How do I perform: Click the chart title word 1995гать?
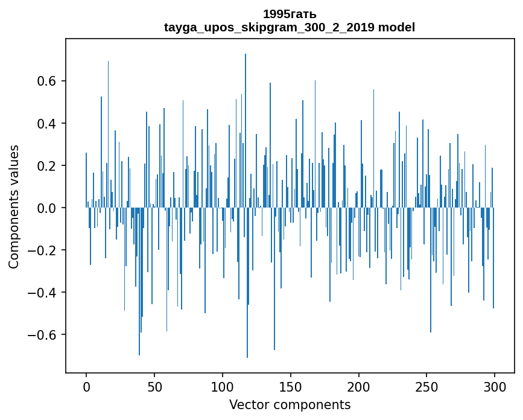click(x=290, y=14)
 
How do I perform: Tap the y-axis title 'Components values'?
click(x=14, y=207)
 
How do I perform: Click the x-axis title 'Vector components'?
click(x=290, y=404)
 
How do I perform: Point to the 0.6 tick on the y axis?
click(x=48, y=81)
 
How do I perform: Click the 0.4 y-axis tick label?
click(x=48, y=124)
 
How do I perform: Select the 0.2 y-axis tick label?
click(x=48, y=166)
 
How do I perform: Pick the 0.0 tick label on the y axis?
click(x=48, y=208)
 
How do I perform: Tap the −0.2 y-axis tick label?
click(x=44, y=250)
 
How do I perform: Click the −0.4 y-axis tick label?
click(x=44, y=293)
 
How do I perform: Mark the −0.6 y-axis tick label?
click(x=44, y=335)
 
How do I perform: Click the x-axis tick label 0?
click(x=86, y=386)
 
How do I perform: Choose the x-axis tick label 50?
click(x=154, y=386)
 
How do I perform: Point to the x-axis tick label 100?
click(x=223, y=386)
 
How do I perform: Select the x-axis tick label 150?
click(x=291, y=386)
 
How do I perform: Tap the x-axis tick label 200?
click(x=359, y=386)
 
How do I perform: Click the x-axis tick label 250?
click(x=427, y=386)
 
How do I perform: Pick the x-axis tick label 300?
click(x=495, y=386)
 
